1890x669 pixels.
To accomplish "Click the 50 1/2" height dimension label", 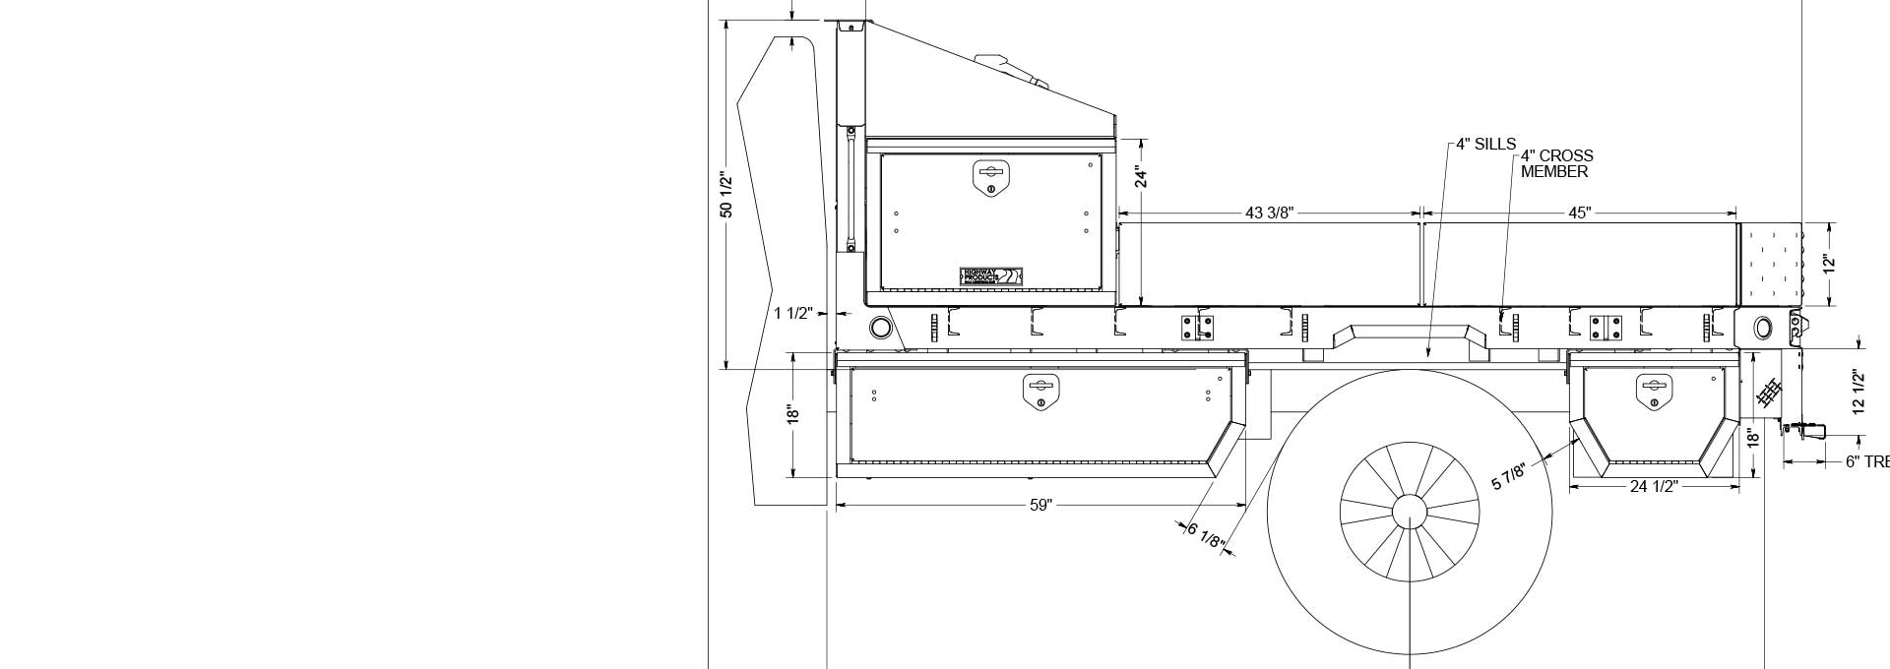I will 726,195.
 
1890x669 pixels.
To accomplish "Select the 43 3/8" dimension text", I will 1269,213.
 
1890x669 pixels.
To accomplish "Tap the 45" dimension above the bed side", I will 1579,213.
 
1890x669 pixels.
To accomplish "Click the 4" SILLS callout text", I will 1486,145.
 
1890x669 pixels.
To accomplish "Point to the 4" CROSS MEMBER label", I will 1555,163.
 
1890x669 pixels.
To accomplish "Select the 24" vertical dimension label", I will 1141,176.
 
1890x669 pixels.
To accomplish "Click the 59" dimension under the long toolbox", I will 1040,505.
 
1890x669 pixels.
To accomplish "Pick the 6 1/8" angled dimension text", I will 1205,536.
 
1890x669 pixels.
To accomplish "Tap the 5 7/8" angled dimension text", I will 1509,476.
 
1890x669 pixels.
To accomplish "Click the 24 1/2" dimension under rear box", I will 1653,486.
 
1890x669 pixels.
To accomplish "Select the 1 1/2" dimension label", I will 792,313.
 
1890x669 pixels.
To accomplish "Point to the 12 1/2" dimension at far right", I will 1858,393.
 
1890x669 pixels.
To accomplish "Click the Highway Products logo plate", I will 992,276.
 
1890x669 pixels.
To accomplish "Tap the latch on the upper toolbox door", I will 991,177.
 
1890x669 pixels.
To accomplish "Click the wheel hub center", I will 1410,512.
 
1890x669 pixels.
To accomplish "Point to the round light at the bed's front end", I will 880,327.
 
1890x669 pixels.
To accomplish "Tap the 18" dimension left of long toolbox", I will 791,414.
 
